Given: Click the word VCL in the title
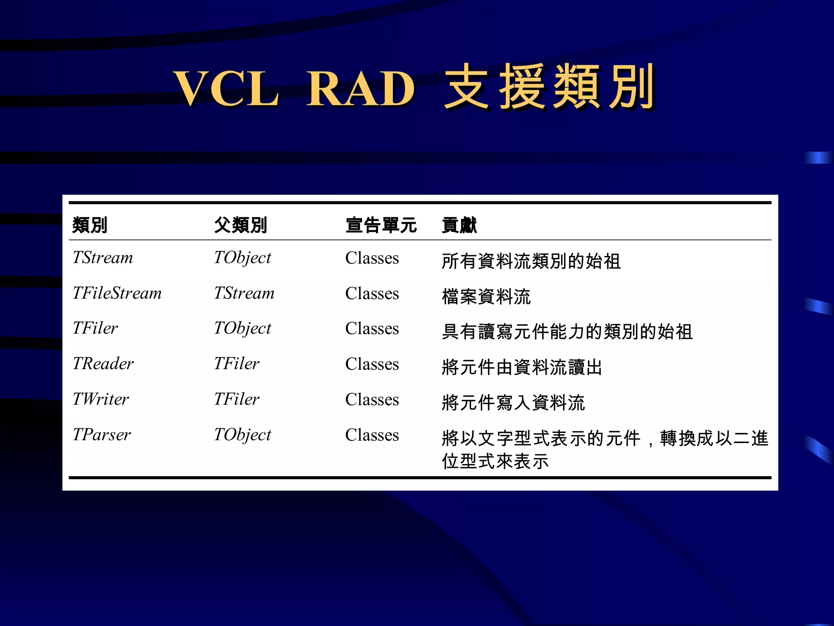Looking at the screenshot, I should (x=226, y=89).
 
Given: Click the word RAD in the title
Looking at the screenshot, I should (x=361, y=89).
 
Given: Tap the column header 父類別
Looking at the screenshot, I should (x=240, y=225).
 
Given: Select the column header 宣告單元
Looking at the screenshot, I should (x=381, y=225).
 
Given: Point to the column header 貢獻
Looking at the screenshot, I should (x=459, y=225).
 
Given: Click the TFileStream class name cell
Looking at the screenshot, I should (x=117, y=293).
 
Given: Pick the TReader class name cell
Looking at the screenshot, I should (x=103, y=364).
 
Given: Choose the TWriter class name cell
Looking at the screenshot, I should (x=101, y=399).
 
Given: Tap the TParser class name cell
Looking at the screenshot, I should (x=101, y=435).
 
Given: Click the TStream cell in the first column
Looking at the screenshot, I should (x=103, y=258).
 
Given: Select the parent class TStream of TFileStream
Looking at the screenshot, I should (x=244, y=293).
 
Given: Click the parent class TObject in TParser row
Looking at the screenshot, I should (x=242, y=435).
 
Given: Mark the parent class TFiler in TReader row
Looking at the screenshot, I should (x=237, y=364).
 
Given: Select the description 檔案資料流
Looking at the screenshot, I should (x=486, y=296).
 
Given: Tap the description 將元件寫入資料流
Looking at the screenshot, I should (x=513, y=403).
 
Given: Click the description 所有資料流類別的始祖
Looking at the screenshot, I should (x=531, y=261).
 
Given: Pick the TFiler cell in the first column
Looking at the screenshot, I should (x=95, y=328).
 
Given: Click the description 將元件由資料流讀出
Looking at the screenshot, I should (x=522, y=367).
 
